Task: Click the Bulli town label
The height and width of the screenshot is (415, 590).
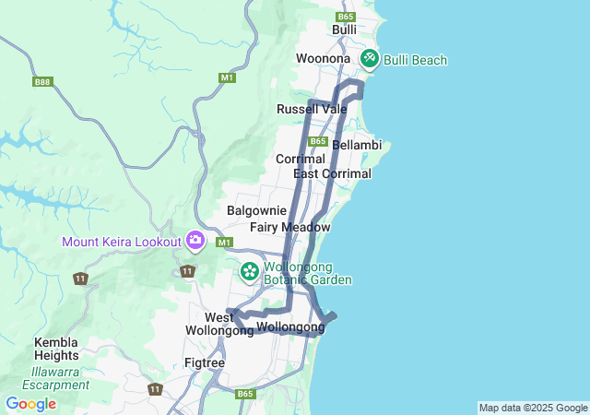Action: click(x=344, y=30)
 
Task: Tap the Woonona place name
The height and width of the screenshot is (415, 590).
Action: click(x=323, y=59)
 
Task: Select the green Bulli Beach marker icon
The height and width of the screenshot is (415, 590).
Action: click(x=370, y=58)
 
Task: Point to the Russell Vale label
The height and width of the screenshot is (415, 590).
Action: click(x=312, y=110)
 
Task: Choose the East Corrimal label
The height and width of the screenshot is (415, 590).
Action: click(x=332, y=174)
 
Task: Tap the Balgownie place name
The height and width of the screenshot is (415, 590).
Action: click(x=256, y=211)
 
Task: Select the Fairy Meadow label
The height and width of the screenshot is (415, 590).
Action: click(x=289, y=227)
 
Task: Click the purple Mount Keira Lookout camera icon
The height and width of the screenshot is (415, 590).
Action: click(x=195, y=241)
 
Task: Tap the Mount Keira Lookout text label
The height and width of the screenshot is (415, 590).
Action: click(x=121, y=243)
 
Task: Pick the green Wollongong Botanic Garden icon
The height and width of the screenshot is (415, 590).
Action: click(x=249, y=272)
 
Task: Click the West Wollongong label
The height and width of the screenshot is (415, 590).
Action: click(x=219, y=324)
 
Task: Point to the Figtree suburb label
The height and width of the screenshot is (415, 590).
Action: click(x=204, y=363)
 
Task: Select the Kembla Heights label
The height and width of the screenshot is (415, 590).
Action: click(x=56, y=348)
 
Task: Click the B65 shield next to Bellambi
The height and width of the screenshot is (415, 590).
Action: click(x=318, y=141)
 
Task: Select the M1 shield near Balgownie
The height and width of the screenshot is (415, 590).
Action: click(x=223, y=243)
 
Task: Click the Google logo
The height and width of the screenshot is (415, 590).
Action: click(x=30, y=404)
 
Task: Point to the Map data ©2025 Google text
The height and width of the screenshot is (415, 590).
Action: click(x=533, y=408)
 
